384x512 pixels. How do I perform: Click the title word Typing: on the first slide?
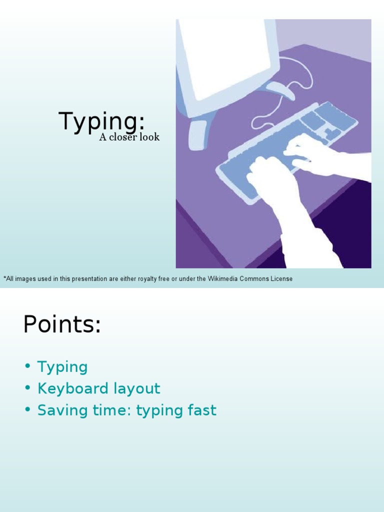(101, 122)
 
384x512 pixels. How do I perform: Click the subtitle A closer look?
(129, 137)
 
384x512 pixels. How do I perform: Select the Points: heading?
(62, 325)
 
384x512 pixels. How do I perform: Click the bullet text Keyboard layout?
(98, 388)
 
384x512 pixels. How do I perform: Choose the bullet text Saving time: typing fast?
(126, 410)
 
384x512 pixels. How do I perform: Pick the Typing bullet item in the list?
(62, 367)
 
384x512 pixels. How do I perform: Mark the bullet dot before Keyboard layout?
(27, 388)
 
